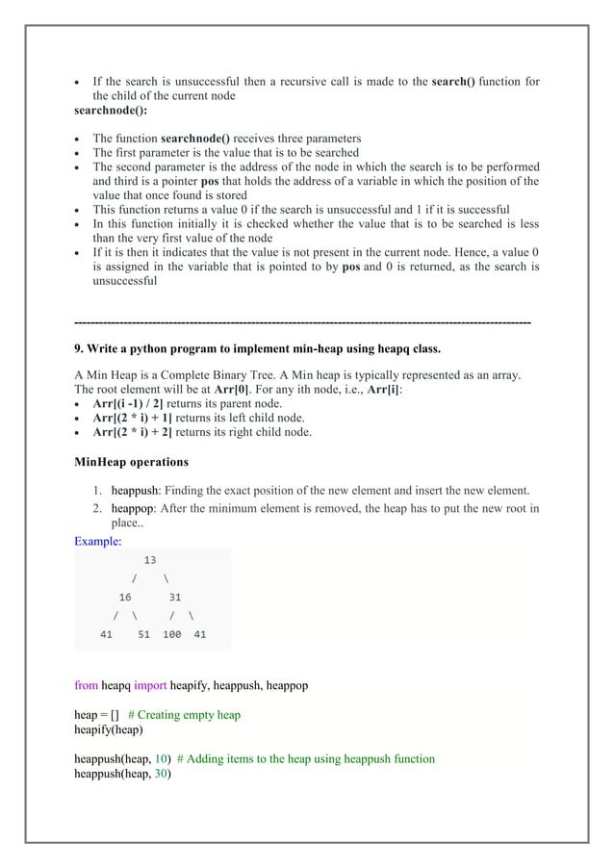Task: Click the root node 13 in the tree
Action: tap(150, 559)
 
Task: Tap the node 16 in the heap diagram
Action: tap(125, 597)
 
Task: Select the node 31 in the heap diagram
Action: tap(175, 597)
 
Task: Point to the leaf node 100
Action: tap(172, 634)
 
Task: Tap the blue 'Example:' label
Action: tap(96, 541)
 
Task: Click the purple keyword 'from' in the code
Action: tap(86, 686)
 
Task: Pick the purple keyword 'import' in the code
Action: tap(149, 686)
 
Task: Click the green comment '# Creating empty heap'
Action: tap(184, 715)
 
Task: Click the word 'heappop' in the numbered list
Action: tap(130, 508)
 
